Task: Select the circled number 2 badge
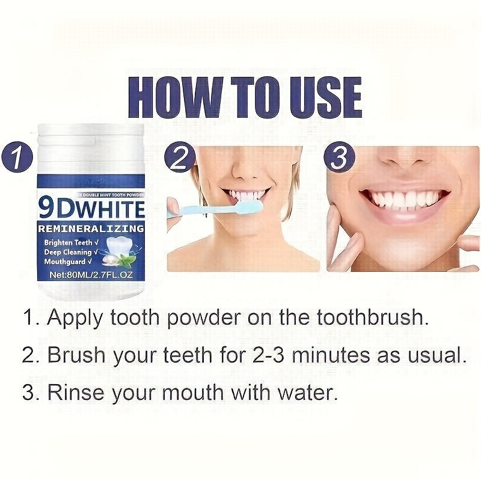coord(180,159)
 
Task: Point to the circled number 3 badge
coord(340,159)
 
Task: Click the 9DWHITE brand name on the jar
coord(91,209)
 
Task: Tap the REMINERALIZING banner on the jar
coord(91,228)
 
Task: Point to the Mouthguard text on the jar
coord(66,262)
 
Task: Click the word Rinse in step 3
coord(75,393)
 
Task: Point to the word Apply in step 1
coord(76,318)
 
